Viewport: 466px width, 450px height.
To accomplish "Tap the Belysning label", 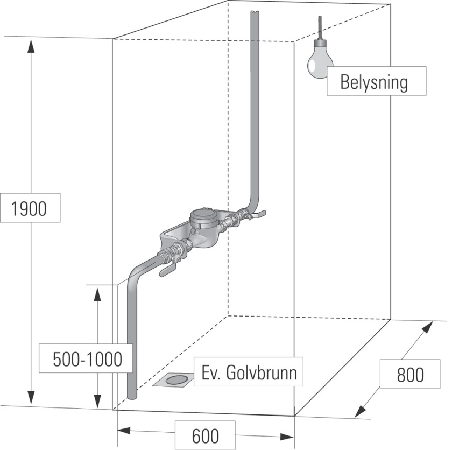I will coord(375,82).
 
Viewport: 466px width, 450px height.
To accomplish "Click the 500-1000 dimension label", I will coord(86,359).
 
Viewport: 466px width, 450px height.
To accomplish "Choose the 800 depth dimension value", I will coord(410,374).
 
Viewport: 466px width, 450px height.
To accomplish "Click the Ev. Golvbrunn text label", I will coord(248,372).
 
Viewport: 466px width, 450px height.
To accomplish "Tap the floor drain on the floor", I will coord(173,380).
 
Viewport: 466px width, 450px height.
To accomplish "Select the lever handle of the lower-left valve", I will coord(167,270).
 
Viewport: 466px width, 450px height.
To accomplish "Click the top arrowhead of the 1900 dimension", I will coord(31,46).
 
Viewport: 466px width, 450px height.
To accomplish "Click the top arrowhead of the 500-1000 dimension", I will coord(97,293).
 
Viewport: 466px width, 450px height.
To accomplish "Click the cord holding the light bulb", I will coord(320,27).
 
